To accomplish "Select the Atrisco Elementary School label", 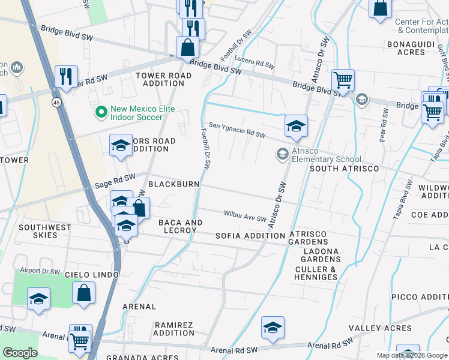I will pyautogui.click(x=327, y=155).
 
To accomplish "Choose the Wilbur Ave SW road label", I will pyautogui.click(x=245, y=216).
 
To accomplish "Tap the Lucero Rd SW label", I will pyautogui.click(x=255, y=63).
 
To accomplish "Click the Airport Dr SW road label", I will pyautogui.click(x=40, y=271).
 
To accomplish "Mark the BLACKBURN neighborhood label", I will pyautogui.click(x=173, y=184).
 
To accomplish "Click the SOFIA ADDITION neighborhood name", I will pyautogui.click(x=250, y=236).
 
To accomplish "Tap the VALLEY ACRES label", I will pyautogui.click(x=380, y=328).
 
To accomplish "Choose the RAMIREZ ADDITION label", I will pyautogui.click(x=174, y=329).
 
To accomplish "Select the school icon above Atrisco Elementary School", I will pyautogui.click(x=296, y=125).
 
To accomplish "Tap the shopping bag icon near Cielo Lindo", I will pyautogui.click(x=84, y=292).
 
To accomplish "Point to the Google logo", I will pyautogui.click(x=20, y=353).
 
